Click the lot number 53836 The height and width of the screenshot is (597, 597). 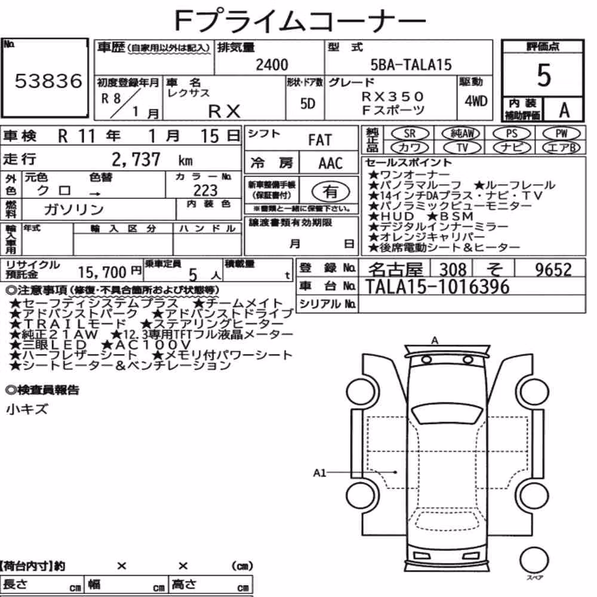(x=48, y=81)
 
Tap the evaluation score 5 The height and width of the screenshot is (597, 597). (x=544, y=75)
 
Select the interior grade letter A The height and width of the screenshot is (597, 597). (x=564, y=110)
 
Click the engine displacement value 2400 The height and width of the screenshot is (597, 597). (x=272, y=64)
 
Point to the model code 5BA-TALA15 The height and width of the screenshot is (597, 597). (x=411, y=64)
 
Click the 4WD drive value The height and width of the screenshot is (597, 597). (x=476, y=101)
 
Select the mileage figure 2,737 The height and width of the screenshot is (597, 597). (x=136, y=159)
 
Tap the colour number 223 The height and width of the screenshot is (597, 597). (x=205, y=190)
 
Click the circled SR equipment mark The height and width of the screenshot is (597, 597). (x=410, y=133)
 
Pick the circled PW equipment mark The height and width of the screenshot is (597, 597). (x=562, y=133)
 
